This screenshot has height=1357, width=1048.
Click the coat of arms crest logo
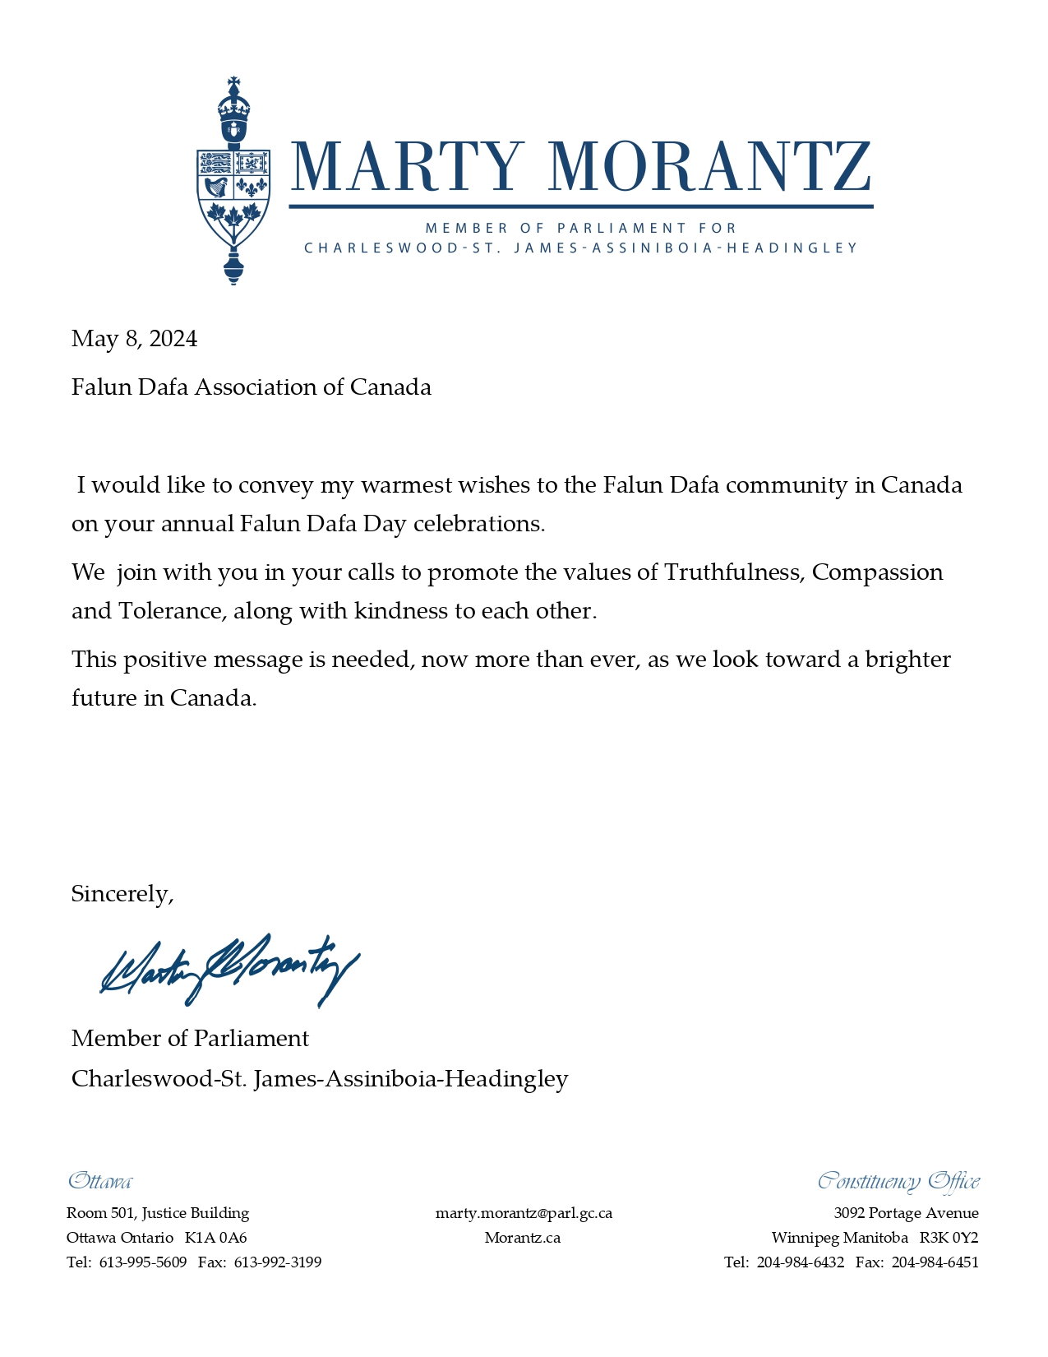[x=233, y=181]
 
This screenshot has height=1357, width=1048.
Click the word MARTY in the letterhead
[x=407, y=167]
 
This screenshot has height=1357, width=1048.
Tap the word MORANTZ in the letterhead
[x=709, y=167]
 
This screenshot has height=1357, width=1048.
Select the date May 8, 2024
[x=134, y=339]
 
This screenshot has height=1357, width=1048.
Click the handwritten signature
[x=229, y=970]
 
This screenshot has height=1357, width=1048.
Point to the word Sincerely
[x=122, y=894]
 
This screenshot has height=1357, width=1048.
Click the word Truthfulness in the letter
[x=733, y=572]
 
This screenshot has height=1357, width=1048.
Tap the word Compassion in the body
[x=877, y=572]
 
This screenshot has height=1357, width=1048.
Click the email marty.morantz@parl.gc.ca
[x=524, y=1213]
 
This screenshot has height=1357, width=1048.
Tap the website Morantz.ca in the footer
[x=523, y=1238]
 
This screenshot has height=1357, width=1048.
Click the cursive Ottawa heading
[x=99, y=1182]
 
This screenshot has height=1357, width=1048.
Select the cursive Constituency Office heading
[x=898, y=1182]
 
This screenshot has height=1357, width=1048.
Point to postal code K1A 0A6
[x=216, y=1238]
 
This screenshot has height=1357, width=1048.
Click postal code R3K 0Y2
[x=949, y=1238]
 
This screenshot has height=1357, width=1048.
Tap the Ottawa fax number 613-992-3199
[x=278, y=1262]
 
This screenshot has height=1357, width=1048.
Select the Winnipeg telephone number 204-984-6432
[x=800, y=1262]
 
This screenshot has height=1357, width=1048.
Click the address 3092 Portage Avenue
[x=906, y=1213]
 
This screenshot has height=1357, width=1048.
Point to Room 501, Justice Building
[x=158, y=1213]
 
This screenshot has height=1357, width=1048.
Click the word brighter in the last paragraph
[x=907, y=660]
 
